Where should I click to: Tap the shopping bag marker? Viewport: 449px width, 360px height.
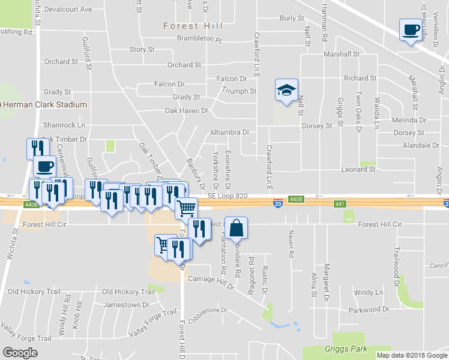click(x=237, y=228)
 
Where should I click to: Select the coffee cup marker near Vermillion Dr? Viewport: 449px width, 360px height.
click(x=411, y=30)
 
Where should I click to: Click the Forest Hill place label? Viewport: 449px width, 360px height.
click(x=193, y=26)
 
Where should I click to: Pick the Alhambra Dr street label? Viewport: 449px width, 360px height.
click(x=229, y=132)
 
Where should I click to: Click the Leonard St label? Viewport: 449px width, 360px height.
click(x=359, y=169)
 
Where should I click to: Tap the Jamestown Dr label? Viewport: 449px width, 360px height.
click(x=126, y=305)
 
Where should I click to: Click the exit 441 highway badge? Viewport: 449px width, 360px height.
click(x=340, y=205)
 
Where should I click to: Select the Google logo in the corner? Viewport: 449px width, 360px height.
click(x=20, y=353)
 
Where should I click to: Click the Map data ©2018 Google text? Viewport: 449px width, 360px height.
click(x=412, y=355)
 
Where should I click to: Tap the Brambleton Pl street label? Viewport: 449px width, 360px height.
click(x=199, y=39)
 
